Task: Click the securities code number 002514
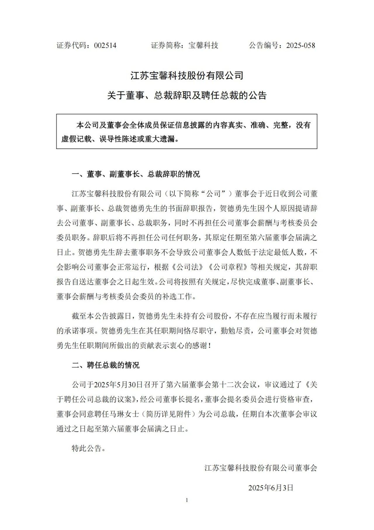point(105,45)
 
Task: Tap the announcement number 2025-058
point(301,45)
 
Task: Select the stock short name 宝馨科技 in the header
point(203,45)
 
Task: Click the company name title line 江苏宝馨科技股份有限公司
point(187,76)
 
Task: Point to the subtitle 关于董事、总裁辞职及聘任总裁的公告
point(187,95)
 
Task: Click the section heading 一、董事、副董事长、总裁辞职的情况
point(136,174)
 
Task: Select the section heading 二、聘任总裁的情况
point(105,365)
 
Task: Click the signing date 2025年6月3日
point(271,488)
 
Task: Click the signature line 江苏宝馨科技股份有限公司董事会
point(261,468)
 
